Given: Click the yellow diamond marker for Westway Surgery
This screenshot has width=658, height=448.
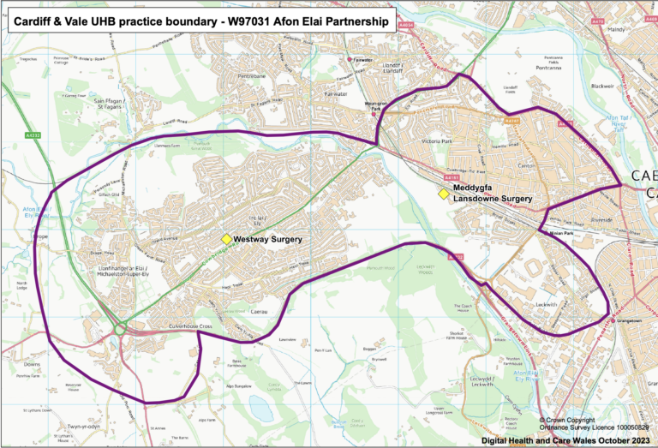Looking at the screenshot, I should click(x=226, y=240).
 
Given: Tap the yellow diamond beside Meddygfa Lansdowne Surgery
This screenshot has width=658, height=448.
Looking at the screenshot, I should click(x=444, y=194).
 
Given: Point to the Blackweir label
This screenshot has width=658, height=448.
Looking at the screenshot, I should click(x=602, y=87).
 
